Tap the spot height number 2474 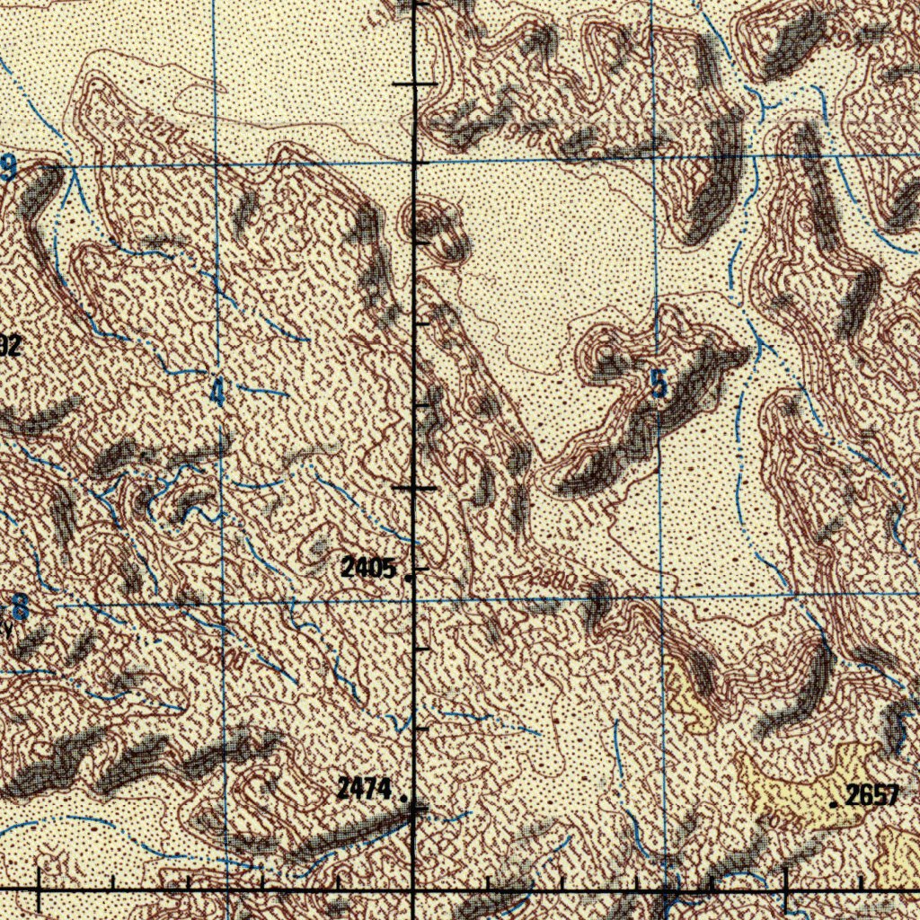[x=365, y=790]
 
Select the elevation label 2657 [x=873, y=795]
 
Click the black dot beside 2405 [x=410, y=579]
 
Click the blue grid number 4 [x=217, y=393]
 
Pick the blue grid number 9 [x=9, y=167]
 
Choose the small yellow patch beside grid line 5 [x=687, y=692]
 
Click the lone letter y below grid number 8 [x=9, y=631]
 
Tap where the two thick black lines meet [x=413, y=888]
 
